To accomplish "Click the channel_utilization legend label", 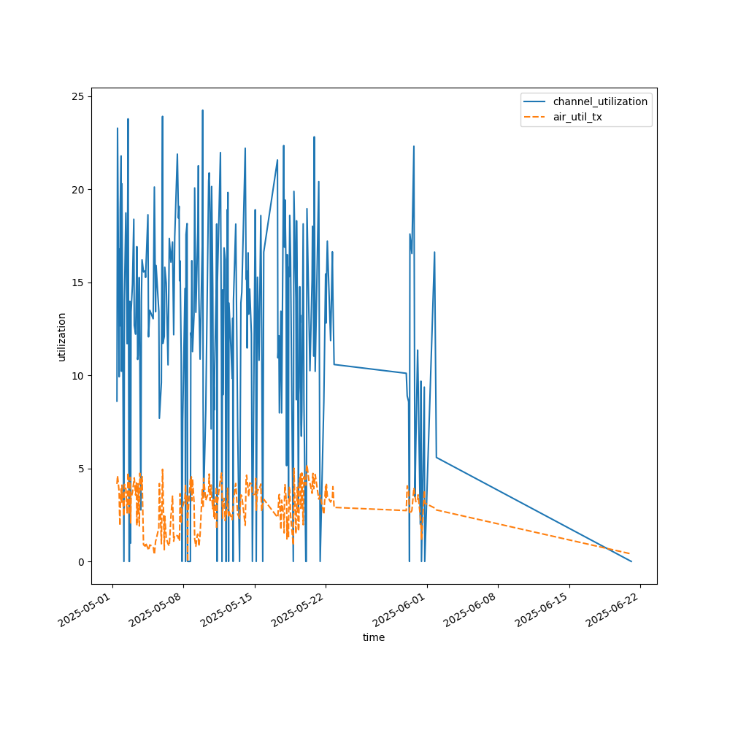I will (600, 101).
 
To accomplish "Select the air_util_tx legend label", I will (577, 117).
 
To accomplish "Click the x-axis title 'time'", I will (374, 637).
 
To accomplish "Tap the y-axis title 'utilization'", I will (62, 337).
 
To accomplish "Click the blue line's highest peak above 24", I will (202, 110).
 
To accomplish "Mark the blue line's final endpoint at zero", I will (631, 561).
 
